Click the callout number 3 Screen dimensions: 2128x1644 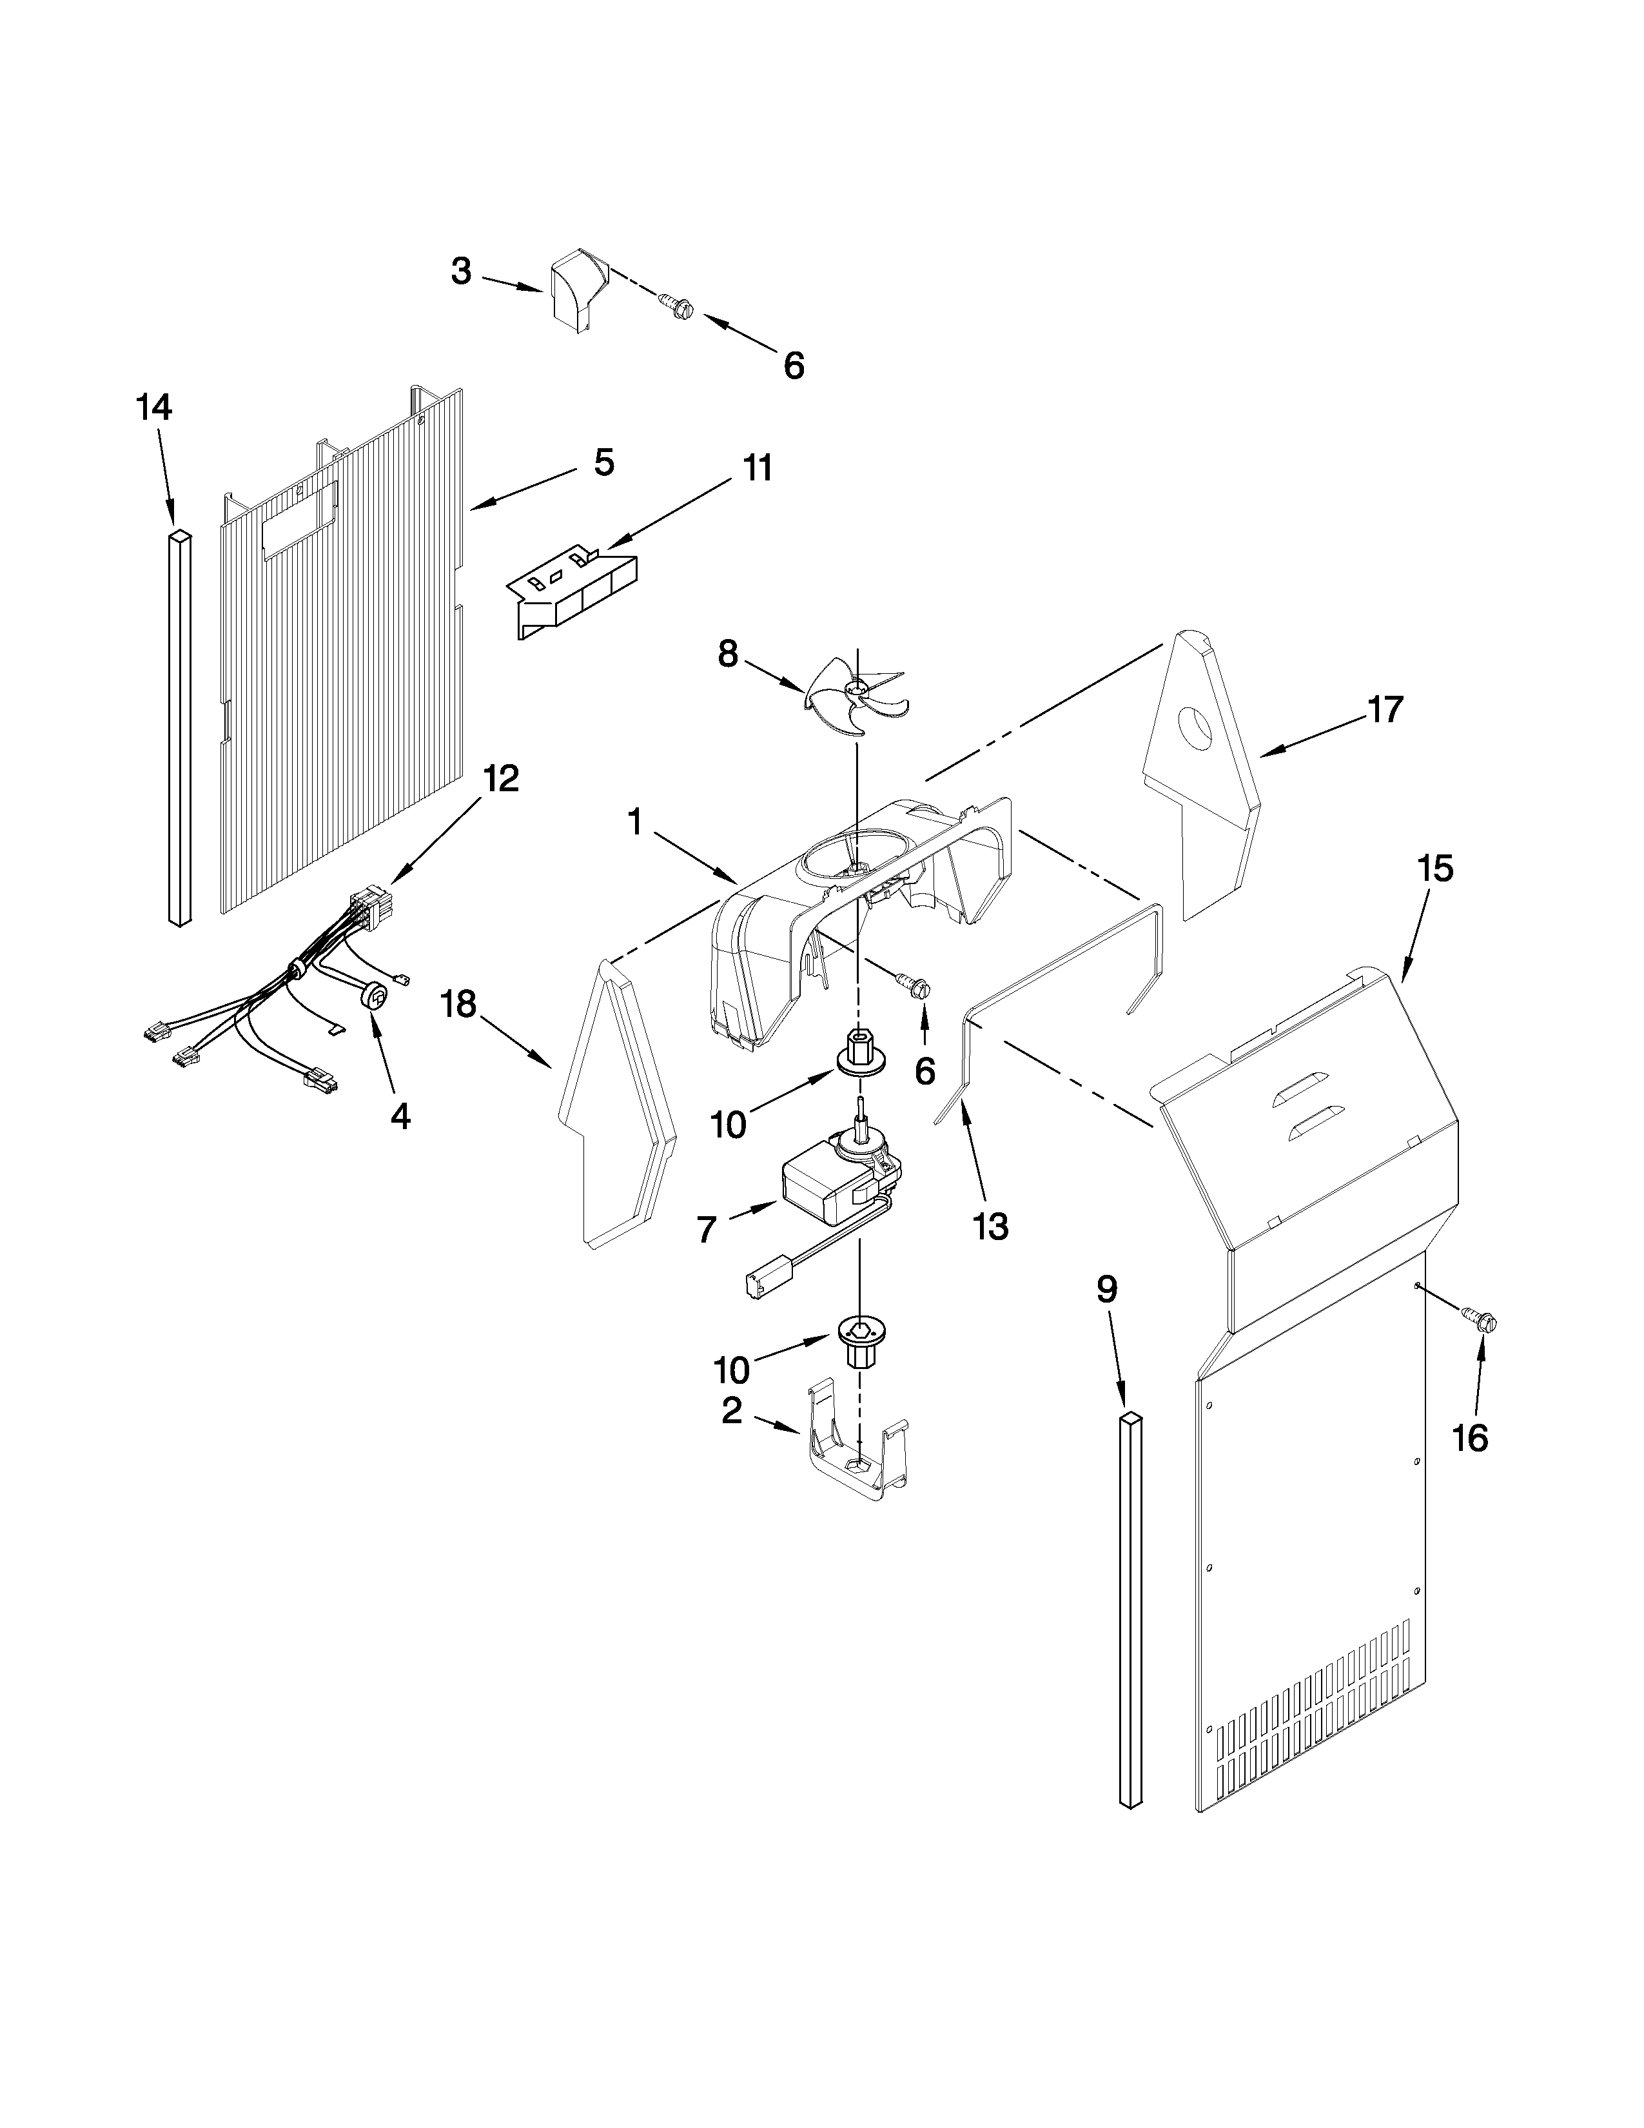tap(462, 271)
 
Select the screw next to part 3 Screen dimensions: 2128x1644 tap(676, 307)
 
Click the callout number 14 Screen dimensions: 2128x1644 tap(154, 408)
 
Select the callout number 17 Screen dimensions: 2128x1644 tap(1385, 709)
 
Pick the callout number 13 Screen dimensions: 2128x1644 tap(990, 1227)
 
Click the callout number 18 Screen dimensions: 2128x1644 tap(459, 1005)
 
